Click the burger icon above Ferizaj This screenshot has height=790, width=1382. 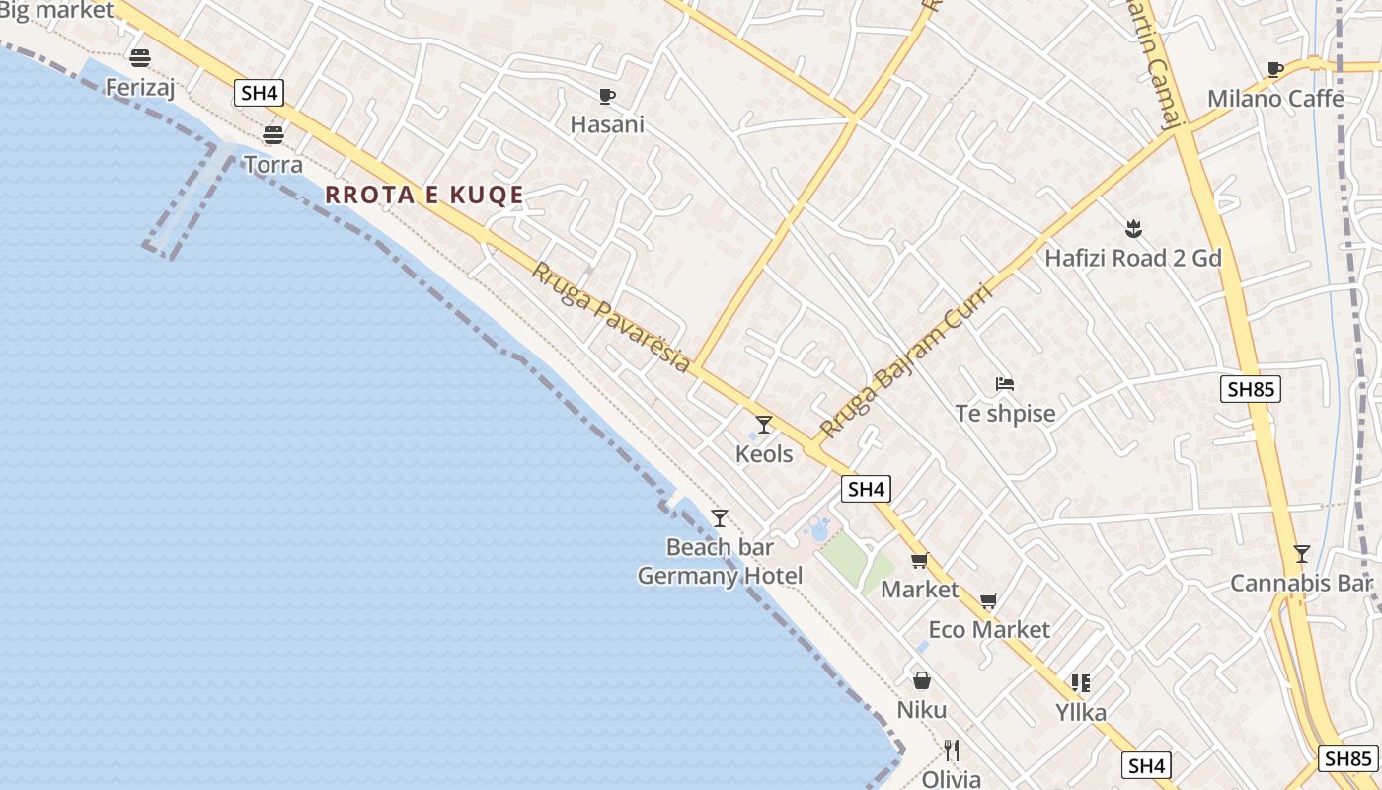coord(140,57)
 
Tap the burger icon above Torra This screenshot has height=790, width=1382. coord(273,134)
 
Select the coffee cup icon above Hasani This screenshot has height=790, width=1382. coord(607,96)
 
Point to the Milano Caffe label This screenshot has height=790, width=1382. coord(1275,99)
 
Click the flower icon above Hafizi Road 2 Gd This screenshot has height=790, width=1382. coord(1133,229)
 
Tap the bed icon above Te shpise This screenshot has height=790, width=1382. coord(1005,384)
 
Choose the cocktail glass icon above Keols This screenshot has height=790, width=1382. coord(764,425)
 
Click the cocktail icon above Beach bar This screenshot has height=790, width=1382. coord(720,517)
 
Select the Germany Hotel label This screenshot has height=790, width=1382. coord(720,576)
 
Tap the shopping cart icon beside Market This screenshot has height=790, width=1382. coord(919,561)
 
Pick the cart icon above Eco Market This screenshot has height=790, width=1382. coord(989,601)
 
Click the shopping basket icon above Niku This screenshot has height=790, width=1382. coord(922,680)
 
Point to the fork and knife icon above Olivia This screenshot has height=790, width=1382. coord(952,750)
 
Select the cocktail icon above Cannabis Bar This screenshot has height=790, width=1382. coord(1302,554)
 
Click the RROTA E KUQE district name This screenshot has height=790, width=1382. coord(424,195)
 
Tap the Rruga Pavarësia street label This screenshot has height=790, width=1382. coord(611,317)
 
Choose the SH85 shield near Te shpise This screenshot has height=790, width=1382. coord(1251,389)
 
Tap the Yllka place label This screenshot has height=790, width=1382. coord(1081,712)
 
